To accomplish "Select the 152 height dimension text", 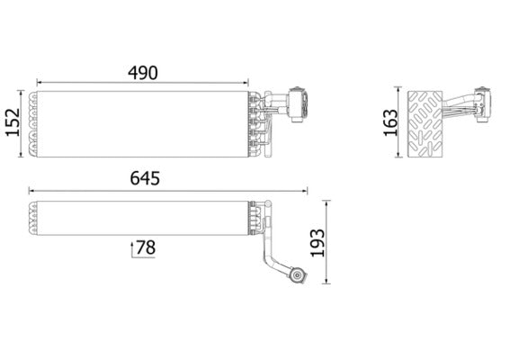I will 13,123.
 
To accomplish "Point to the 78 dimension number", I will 148,247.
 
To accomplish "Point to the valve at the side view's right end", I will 488,105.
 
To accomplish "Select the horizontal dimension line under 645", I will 167,191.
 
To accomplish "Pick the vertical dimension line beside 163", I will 399,123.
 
